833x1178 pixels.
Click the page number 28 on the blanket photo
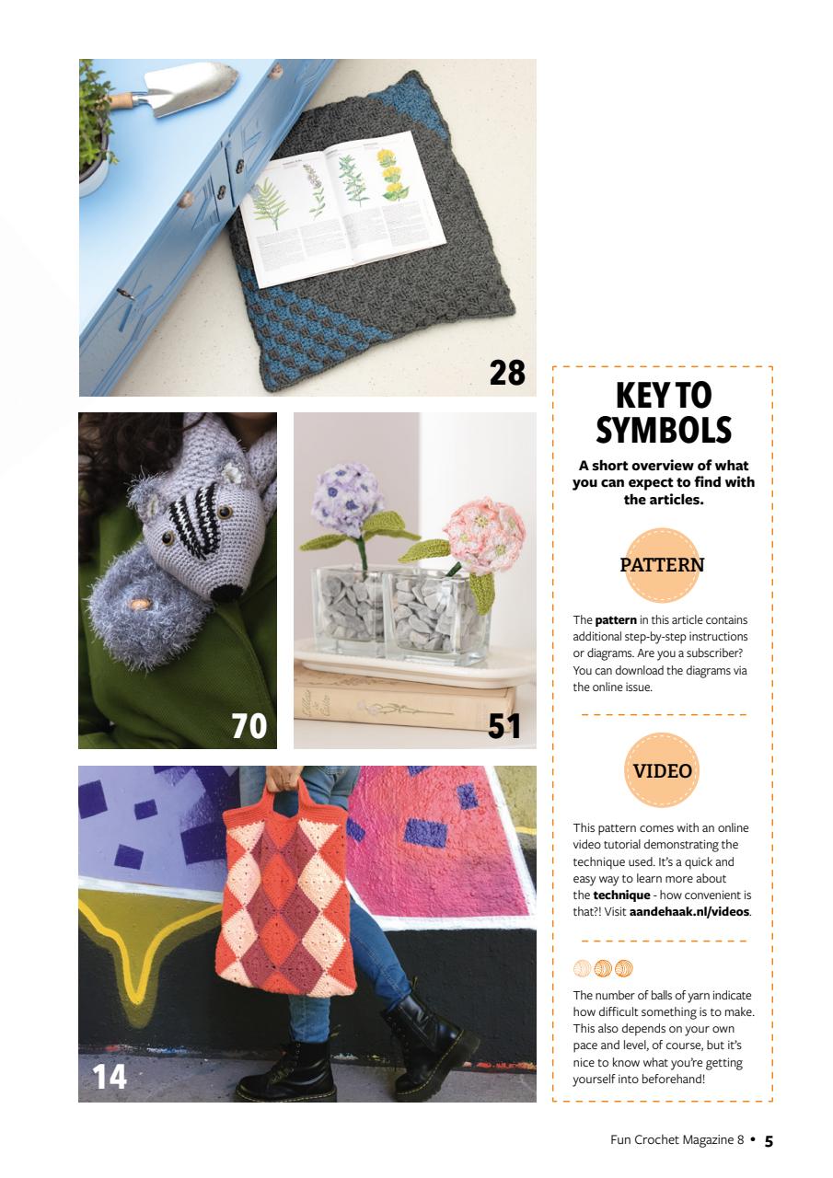click(x=507, y=373)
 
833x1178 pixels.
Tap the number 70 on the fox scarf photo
click(x=249, y=726)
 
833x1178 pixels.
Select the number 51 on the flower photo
click(x=504, y=726)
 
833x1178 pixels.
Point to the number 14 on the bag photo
click(x=110, y=1076)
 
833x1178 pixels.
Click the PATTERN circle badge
click(x=662, y=565)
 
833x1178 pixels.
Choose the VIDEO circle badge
click(x=662, y=771)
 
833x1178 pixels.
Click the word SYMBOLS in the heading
click(x=663, y=431)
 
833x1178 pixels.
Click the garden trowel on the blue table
click(x=175, y=88)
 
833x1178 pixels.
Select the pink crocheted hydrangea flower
click(x=484, y=537)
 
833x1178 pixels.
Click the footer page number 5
click(x=769, y=1141)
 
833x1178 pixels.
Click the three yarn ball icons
click(x=603, y=968)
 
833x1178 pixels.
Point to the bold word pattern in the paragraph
click(x=616, y=620)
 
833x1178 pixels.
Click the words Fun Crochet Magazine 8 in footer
click(x=677, y=1140)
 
